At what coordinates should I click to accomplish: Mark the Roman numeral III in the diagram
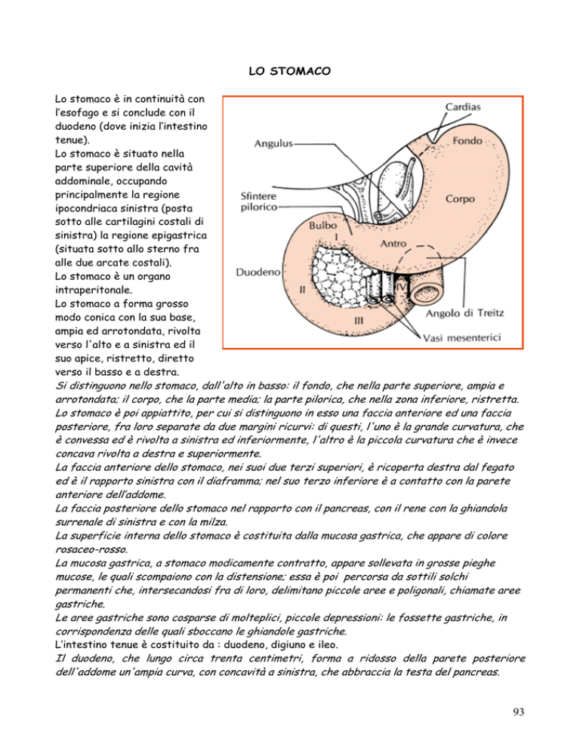click(x=360, y=320)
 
